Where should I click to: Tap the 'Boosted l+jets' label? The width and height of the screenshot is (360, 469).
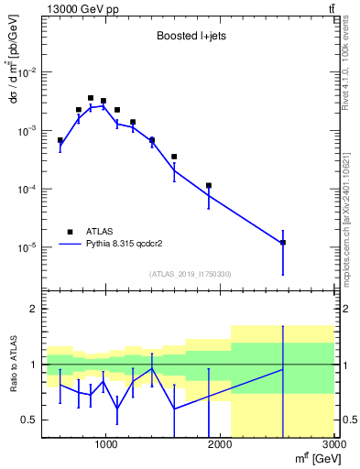point(191,36)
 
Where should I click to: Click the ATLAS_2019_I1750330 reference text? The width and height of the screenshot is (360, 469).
point(190,274)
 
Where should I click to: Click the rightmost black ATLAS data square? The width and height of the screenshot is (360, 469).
point(283,243)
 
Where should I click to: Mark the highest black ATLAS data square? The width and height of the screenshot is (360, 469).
point(91,98)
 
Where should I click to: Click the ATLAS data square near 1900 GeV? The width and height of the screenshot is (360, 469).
point(209,186)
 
